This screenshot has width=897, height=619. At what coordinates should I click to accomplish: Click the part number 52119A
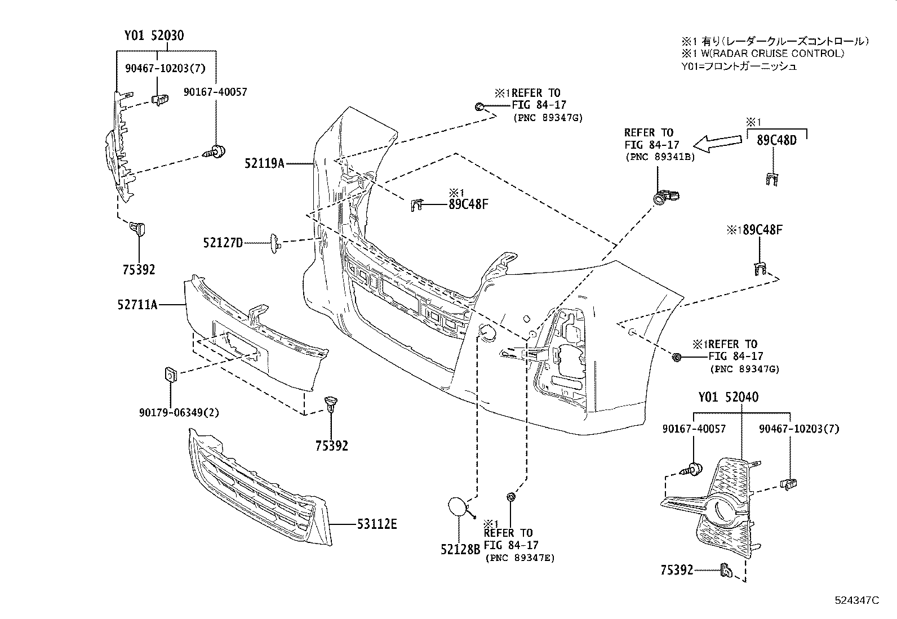coord(264,163)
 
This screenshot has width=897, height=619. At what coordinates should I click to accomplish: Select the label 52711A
coord(137,305)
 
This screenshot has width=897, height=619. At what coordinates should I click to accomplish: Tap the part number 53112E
coord(377,524)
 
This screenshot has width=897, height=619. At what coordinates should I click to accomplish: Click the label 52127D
coord(223,243)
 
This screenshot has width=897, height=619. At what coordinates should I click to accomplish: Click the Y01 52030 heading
coord(154,36)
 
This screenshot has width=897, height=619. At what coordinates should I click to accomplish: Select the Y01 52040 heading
coord(728,397)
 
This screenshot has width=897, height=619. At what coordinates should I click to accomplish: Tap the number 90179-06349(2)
coord(179,412)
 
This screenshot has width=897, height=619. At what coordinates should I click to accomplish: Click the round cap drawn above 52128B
coord(459,506)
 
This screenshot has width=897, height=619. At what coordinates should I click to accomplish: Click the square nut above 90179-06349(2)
coord(169,374)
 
